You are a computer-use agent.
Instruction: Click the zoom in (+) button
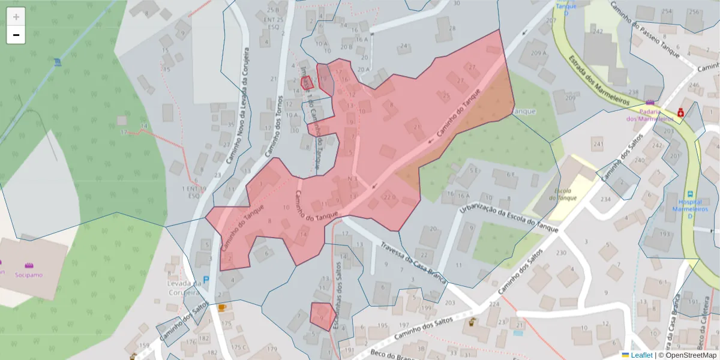coord(16,17)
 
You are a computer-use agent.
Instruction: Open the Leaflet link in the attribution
coord(641,355)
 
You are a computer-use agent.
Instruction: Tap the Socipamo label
coord(29,275)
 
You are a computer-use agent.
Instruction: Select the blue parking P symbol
coord(206,280)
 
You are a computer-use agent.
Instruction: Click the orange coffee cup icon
coord(222,307)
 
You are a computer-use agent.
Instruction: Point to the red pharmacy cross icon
coord(681,112)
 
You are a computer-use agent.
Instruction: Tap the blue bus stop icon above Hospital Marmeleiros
coord(691,194)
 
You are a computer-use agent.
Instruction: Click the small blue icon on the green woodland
coord(56,62)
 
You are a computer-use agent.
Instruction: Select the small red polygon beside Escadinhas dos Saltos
coord(322,316)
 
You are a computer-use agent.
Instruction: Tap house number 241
coord(597,144)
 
